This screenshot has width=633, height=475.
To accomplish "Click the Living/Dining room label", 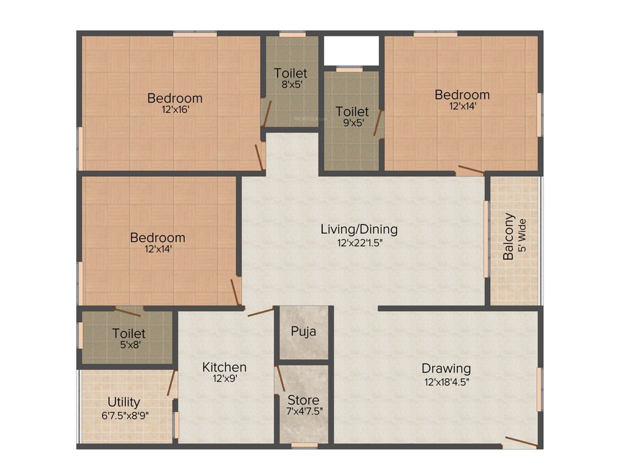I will tap(359, 229).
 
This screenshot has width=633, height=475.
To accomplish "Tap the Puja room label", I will tap(304, 331).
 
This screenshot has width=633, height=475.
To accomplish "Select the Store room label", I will tap(304, 400).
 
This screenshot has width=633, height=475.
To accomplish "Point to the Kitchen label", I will tap(224, 367).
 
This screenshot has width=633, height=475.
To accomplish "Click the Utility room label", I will tap(124, 402).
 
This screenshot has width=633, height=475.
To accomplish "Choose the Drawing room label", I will tap(446, 369).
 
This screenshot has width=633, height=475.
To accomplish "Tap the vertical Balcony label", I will tap(509, 236).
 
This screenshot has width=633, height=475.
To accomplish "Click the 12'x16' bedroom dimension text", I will tap(174, 109).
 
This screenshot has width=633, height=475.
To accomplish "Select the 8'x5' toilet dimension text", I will tap(291, 85).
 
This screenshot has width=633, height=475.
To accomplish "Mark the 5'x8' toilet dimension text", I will tap(129, 345).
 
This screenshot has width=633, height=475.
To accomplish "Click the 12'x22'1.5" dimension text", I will tap(359, 242).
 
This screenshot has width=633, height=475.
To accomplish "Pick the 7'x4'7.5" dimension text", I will tap(304, 411).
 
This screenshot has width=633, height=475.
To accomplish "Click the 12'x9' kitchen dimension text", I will tap(224, 380).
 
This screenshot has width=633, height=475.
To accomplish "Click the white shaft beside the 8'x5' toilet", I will tap(351, 49).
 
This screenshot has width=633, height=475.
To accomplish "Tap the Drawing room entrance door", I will tap(519, 442).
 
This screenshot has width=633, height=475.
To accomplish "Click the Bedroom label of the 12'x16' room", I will tap(174, 98).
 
